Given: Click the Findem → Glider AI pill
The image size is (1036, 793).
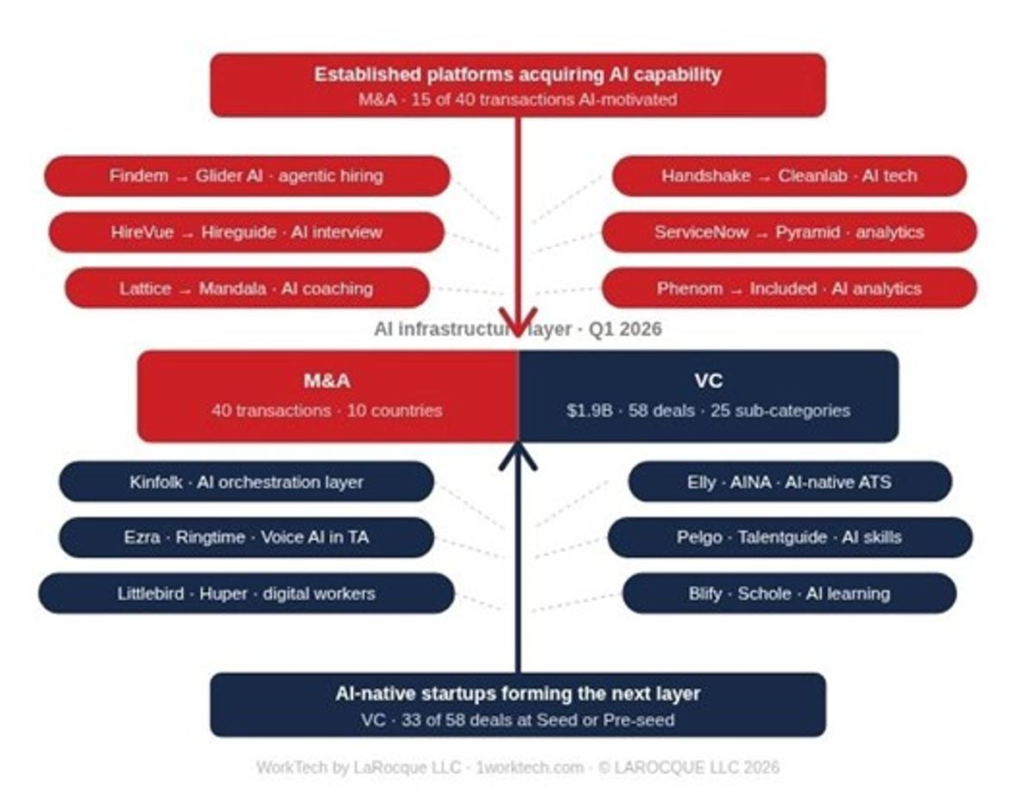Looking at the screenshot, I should (x=247, y=176).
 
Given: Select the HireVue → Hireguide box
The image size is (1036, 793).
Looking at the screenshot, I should (x=247, y=232).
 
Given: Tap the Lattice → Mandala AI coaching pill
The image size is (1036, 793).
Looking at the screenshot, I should (x=247, y=289).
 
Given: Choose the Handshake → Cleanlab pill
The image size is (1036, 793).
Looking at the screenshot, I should (x=789, y=176).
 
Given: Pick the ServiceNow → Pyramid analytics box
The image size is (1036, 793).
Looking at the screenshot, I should (x=789, y=232).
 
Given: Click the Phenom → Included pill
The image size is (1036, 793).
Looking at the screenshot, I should (x=789, y=289).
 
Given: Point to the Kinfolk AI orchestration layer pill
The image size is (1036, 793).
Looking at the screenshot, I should (x=247, y=482).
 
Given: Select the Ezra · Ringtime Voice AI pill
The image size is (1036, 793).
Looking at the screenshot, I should (x=247, y=537).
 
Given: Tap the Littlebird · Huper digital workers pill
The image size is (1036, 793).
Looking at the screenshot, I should (x=247, y=593).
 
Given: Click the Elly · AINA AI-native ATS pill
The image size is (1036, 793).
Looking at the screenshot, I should (x=789, y=482).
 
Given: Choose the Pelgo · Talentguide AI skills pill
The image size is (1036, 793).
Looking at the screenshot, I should (x=789, y=537).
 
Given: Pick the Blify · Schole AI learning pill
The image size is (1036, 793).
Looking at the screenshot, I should (x=789, y=593).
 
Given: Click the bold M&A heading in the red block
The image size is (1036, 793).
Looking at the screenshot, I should (x=327, y=380).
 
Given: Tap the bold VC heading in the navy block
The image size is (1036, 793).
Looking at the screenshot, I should (x=708, y=380).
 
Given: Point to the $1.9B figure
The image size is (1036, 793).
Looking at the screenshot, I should (x=589, y=410).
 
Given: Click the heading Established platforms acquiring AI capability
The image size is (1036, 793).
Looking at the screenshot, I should (x=517, y=74).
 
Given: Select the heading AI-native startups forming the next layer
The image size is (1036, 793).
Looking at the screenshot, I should (x=517, y=694).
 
